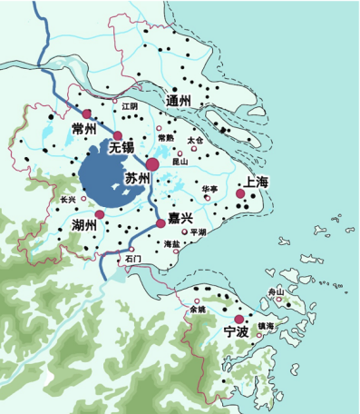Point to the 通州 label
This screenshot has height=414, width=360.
(x=179, y=99)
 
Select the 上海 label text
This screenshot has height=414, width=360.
(x=252, y=182)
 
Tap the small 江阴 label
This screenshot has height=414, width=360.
(x=130, y=106)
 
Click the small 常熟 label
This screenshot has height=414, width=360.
(x=166, y=138)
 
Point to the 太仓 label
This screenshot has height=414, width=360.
(x=196, y=141)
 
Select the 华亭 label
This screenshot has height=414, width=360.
(x=209, y=189)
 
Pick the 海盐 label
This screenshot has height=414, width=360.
(x=171, y=244)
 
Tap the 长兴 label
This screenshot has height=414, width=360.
(x=68, y=198)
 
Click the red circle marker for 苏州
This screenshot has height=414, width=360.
(x=152, y=163)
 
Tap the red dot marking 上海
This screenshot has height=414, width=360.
(x=239, y=193)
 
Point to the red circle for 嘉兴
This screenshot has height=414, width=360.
(x=161, y=222)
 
